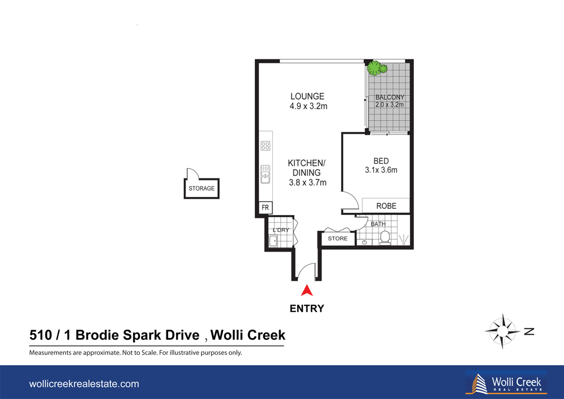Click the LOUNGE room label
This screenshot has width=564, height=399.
[x=307, y=97]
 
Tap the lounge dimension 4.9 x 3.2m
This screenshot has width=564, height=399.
[x=308, y=106]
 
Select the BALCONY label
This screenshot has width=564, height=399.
[x=390, y=97]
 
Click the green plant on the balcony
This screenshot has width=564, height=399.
[x=376, y=69]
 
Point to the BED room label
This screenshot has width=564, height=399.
[x=381, y=161]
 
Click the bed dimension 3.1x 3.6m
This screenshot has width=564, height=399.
[x=381, y=170]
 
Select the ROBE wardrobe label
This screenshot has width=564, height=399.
[x=386, y=206]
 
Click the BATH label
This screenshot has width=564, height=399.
[x=377, y=225]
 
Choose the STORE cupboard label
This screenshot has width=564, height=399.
[x=338, y=239]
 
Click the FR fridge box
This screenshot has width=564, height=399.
[x=265, y=208]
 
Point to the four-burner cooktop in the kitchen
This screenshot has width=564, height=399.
[x=265, y=146]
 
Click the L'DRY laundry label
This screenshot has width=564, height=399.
[x=280, y=230]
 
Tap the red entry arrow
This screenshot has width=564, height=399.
[x=306, y=291]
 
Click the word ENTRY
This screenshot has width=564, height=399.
[x=306, y=309]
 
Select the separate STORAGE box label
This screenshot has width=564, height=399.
[x=201, y=188]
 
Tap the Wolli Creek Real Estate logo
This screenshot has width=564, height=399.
[x=505, y=382]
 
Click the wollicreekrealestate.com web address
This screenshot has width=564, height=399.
[x=83, y=384]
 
